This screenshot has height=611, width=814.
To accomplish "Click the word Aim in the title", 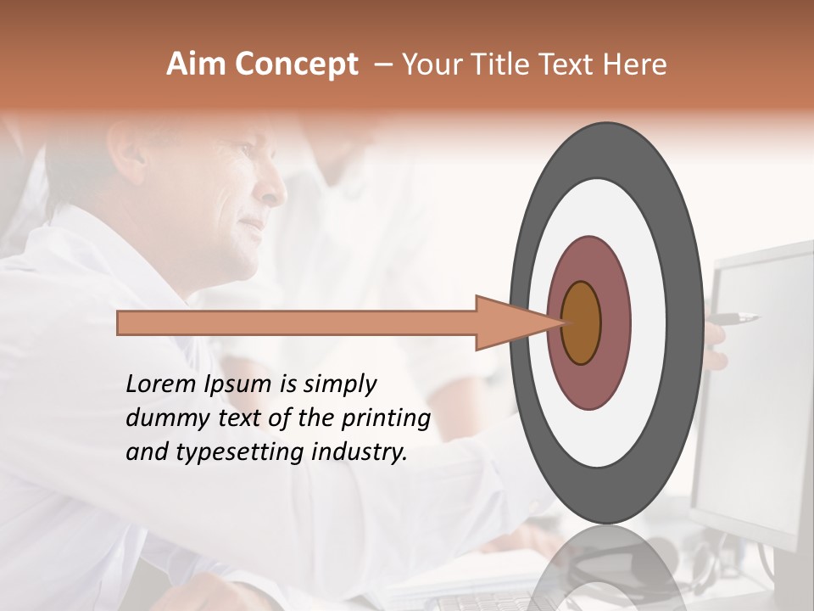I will (x=196, y=64).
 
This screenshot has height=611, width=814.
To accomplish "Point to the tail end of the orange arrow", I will (x=123, y=323).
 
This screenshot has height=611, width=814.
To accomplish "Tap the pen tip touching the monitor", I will (x=755, y=318).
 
